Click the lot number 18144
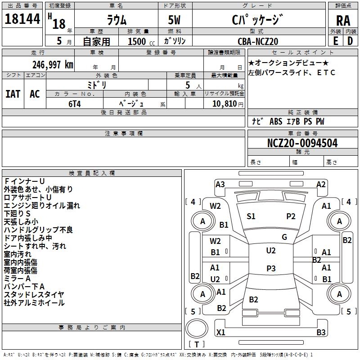pyautogui.click(x=22, y=19)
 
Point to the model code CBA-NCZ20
pyautogui.click(x=258, y=41)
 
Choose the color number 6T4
pyautogui.click(x=74, y=103)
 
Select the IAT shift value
pyautogui.click(x=13, y=94)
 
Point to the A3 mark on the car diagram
pyautogui.click(x=220, y=184)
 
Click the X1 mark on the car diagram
pyautogui.click(x=221, y=333)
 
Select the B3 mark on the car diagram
pyautogui.click(x=321, y=333)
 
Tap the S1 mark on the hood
pyautogui.click(x=251, y=216)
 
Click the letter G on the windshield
pyautogui.click(x=284, y=237)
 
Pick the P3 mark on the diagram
pyautogui.click(x=271, y=269)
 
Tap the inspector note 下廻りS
pyautogui.click(x=17, y=213)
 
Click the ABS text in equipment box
pyautogui.click(x=275, y=121)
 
